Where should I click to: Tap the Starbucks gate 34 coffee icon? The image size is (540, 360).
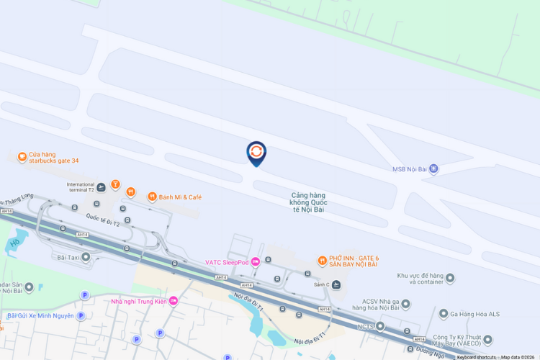22,156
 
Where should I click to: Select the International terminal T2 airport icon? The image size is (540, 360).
101,188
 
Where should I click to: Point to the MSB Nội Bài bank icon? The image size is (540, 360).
433,169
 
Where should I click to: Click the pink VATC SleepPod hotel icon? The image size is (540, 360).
255,261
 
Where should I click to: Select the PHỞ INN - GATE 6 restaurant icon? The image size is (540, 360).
323,260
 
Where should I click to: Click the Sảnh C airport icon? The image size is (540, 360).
336,284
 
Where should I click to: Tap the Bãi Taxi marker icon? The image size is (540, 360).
86,256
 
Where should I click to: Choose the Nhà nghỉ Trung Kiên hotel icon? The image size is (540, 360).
173,301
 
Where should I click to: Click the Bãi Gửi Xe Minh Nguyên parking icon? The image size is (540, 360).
81,315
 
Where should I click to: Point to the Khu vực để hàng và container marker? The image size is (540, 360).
450,278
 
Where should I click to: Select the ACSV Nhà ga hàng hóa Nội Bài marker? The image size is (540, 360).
405,304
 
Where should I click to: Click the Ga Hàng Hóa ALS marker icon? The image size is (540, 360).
443,313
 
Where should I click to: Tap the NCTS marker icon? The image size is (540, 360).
380,326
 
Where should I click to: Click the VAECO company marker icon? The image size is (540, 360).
487,339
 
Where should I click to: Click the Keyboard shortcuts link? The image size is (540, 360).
476,357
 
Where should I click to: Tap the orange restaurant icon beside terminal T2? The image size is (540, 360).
130,192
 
